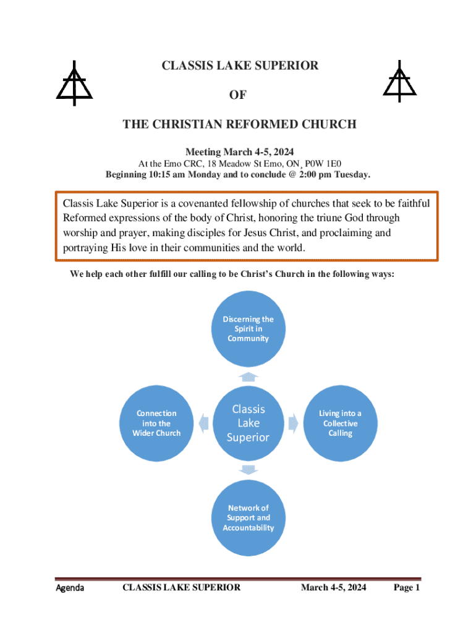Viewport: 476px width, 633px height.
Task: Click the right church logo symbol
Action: pos(399,83)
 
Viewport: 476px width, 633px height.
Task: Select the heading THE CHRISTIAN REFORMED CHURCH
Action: pos(239,124)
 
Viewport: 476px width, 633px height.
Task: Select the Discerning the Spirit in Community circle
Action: pos(248,329)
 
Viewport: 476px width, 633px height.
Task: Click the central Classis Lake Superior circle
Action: pos(248,423)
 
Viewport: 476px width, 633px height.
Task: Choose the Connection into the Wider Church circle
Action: pos(156,423)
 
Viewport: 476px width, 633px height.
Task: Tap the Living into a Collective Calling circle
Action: pos(340,423)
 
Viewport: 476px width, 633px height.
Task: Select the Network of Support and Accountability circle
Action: pos(248,518)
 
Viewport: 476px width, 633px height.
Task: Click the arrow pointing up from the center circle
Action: pos(248,376)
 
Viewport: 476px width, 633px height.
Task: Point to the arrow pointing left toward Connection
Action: pos(203,423)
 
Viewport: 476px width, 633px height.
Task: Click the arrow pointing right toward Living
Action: pos(293,423)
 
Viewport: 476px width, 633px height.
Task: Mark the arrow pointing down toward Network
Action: pos(248,470)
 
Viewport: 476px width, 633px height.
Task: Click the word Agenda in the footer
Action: pos(70,587)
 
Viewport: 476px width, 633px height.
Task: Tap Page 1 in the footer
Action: pos(407,587)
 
